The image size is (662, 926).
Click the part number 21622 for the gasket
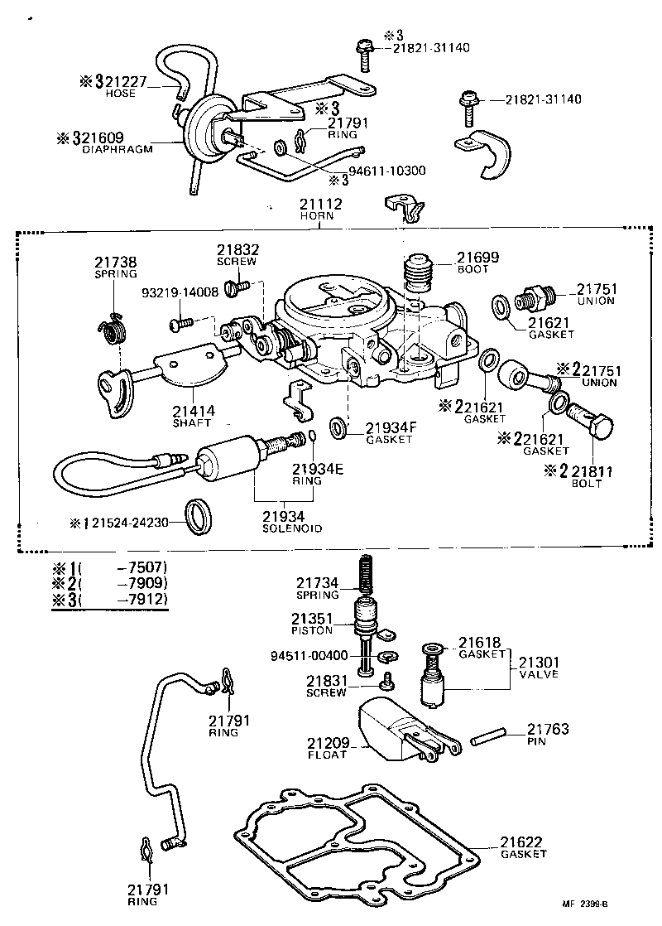click(x=522, y=842)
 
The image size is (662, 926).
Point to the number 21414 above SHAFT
click(x=194, y=410)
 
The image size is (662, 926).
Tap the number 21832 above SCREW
click(x=238, y=248)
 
